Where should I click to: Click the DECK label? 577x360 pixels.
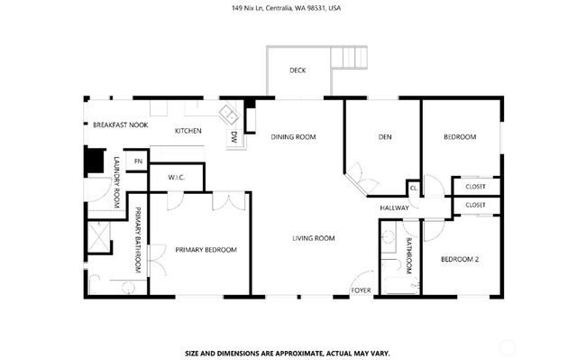tap(297, 70)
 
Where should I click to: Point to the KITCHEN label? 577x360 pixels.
tap(188, 132)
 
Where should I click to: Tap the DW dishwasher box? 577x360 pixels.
tap(234, 138)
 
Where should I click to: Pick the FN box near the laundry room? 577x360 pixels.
tap(138, 162)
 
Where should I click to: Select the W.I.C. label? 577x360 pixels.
tap(177, 177)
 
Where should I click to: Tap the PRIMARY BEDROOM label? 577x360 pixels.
tap(206, 250)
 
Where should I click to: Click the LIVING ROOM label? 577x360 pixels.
tap(313, 238)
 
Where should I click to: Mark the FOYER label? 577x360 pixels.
tap(362, 291)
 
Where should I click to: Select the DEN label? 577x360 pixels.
tap(384, 137)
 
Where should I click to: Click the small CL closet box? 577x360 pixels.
tap(414, 188)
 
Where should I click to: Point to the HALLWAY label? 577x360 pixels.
tap(395, 208)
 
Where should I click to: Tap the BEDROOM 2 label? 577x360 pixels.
tap(459, 260)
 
